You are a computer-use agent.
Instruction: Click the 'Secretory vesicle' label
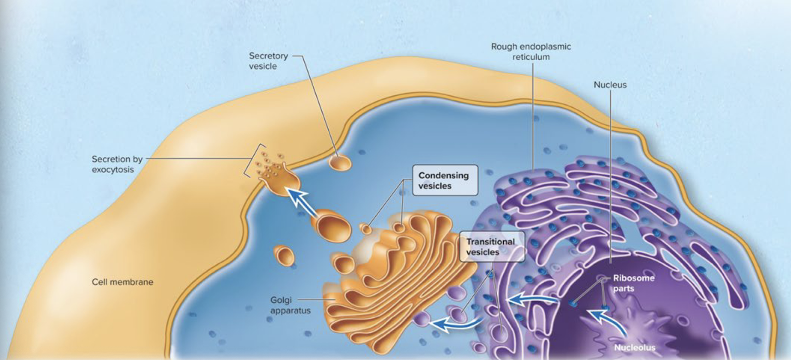(x=268, y=61)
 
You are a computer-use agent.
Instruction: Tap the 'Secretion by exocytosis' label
(x=117, y=164)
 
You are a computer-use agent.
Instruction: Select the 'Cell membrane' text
(x=122, y=282)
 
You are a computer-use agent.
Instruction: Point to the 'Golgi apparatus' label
(x=290, y=305)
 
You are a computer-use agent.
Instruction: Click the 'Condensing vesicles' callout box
(x=444, y=180)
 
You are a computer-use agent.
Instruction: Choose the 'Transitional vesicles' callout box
(x=491, y=247)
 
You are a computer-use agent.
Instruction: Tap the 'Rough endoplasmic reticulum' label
(x=530, y=52)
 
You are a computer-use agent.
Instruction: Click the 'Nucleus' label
(x=610, y=85)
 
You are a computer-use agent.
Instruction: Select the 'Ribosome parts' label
(x=633, y=283)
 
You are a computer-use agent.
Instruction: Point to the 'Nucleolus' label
(x=634, y=348)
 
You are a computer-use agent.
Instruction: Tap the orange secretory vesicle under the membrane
(x=340, y=163)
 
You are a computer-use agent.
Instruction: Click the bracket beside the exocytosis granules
(x=248, y=160)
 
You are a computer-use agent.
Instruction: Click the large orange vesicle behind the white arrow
(x=332, y=226)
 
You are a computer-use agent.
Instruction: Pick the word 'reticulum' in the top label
(x=531, y=57)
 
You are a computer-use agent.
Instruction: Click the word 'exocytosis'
(x=113, y=170)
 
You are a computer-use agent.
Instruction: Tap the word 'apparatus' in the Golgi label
(x=290, y=311)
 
